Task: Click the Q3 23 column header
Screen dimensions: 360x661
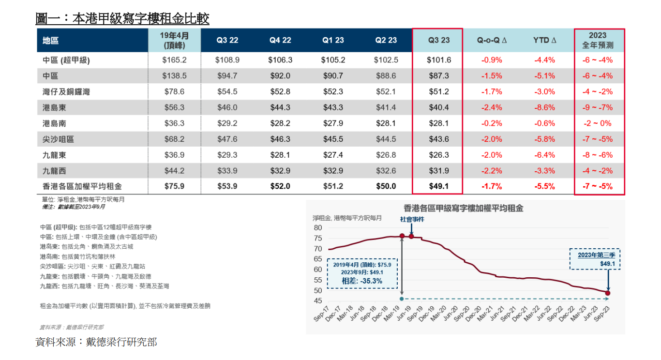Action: [438, 40]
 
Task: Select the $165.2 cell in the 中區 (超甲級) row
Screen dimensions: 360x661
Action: [174, 60]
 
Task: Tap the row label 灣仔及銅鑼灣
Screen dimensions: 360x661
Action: [66, 92]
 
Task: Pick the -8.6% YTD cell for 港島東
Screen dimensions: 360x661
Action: [544, 107]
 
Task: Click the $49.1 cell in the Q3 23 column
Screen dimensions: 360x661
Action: [438, 186]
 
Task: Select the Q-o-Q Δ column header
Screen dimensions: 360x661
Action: [491, 40]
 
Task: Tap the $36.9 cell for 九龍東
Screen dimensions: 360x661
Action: [174, 155]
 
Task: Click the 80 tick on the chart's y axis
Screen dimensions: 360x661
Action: [318, 227]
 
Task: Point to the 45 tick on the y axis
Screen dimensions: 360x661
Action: [318, 301]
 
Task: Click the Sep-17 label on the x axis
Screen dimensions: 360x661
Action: [322, 315]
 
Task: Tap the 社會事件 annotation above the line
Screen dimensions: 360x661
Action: [412, 219]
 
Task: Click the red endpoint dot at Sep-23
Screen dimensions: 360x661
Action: [607, 293]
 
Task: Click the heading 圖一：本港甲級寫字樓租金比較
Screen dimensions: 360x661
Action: [122, 19]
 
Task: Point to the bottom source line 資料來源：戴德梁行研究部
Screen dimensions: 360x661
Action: [96, 342]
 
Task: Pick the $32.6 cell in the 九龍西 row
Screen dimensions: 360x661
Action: [386, 171]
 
